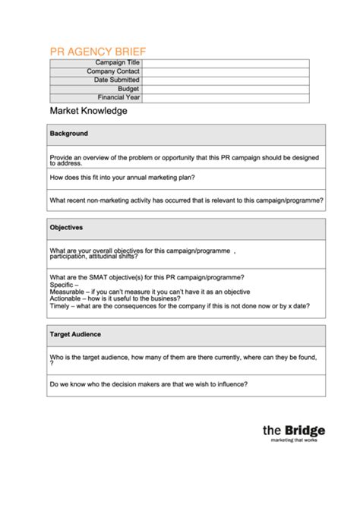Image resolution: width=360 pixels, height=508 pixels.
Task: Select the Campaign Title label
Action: [117, 62]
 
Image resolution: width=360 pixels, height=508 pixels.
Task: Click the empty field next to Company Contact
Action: [226, 71]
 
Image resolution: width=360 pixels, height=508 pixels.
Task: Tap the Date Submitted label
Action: [116, 80]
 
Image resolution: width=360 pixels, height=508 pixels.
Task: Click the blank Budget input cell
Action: [226, 89]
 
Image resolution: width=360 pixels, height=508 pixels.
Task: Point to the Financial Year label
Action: [118, 97]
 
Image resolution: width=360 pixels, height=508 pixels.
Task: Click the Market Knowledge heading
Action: [88, 112]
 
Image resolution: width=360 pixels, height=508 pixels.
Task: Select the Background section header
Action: [69, 134]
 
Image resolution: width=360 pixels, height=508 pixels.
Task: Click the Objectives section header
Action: [67, 227]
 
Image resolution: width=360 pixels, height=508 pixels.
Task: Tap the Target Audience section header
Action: [75, 334]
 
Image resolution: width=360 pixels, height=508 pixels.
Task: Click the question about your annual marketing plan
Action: [122, 178]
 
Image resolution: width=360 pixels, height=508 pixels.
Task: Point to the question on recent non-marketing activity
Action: [186, 200]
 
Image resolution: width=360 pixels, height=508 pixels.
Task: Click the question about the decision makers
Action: [148, 383]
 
